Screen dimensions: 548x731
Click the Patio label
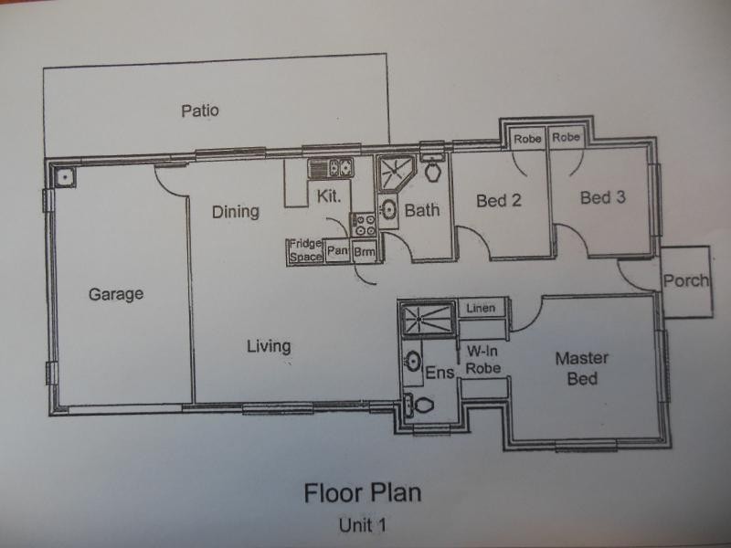pos(199,111)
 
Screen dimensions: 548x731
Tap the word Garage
pos(116,294)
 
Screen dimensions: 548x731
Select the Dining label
pos(236,212)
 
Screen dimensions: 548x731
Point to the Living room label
pos(269,346)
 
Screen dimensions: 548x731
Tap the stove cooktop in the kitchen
pos(363,225)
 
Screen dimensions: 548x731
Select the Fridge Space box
pos(305,251)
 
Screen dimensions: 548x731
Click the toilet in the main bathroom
pos(433,170)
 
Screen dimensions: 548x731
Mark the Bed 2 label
pos(499,201)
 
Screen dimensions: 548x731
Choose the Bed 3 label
pos(603,197)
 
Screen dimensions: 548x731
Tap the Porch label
pos(685,280)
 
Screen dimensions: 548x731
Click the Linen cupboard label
pos(481,309)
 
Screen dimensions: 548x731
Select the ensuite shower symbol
pos(425,318)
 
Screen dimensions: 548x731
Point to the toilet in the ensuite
pos(418,406)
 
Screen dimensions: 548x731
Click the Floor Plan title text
pos(363,493)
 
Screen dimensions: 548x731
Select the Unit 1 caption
pos(363,525)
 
